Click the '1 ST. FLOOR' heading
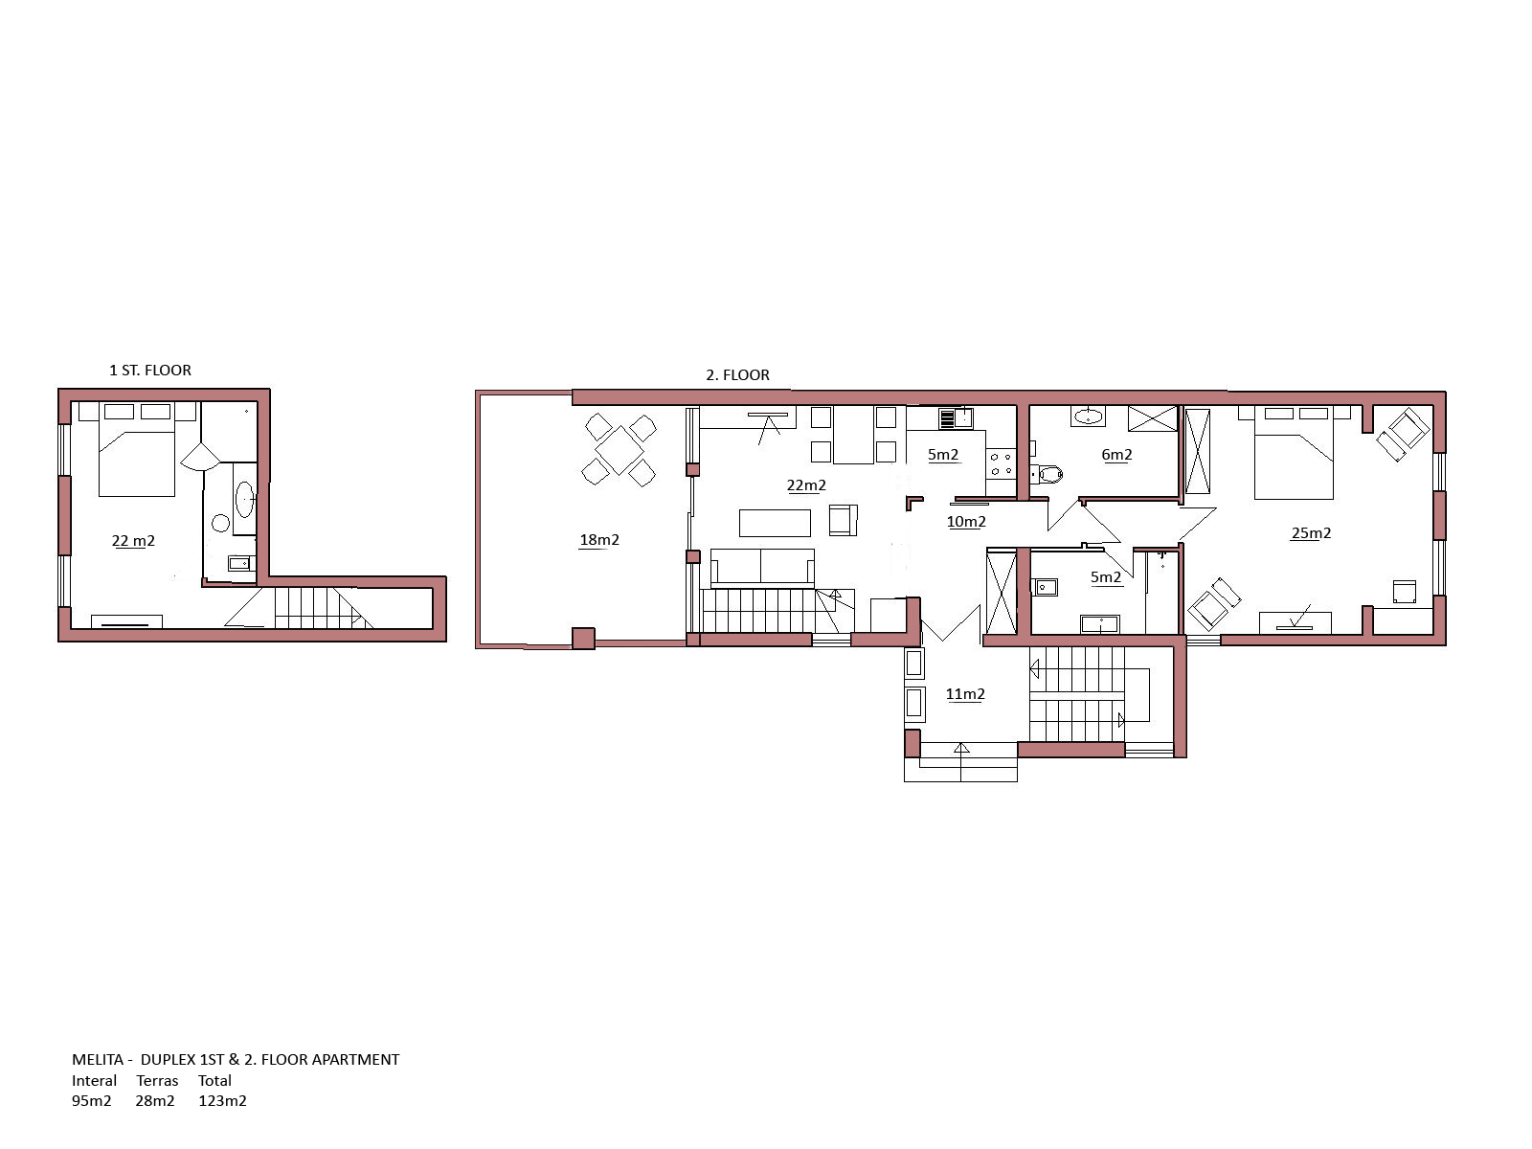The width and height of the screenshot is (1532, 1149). [150, 371]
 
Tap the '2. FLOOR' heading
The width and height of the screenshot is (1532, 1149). [737, 375]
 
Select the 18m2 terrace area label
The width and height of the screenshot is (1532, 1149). [599, 539]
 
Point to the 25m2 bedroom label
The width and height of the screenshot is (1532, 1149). [1311, 533]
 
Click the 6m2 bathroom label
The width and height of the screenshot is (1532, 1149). [1116, 455]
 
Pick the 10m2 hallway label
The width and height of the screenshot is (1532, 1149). [966, 522]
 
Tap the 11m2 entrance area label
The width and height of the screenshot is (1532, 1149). [965, 694]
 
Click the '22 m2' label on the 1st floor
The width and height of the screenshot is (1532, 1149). [133, 541]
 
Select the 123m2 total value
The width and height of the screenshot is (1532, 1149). [223, 1101]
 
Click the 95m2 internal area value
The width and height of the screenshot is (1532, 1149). [91, 1101]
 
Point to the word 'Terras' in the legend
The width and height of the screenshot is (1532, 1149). [157, 1081]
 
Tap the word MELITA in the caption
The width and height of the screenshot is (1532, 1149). [98, 1060]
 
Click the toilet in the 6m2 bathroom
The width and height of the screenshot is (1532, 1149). [1047, 474]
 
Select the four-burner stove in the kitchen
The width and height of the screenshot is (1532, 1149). [1001, 464]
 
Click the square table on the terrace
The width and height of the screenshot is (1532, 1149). [620, 451]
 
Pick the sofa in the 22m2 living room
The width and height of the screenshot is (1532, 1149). [762, 567]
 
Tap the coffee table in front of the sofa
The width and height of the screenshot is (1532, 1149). [775, 523]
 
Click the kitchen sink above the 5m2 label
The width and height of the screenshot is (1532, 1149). [957, 418]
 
